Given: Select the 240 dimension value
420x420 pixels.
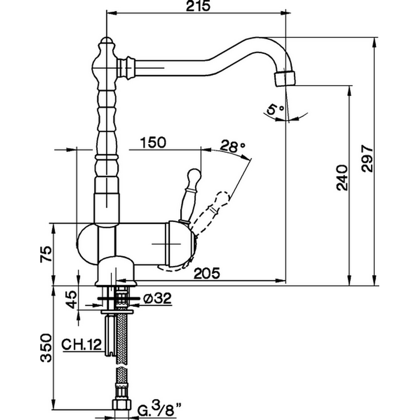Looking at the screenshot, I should tap(342, 177).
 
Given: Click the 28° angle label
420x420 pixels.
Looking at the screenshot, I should tap(233, 147).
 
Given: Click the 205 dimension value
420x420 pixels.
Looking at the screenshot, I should tap(207, 274).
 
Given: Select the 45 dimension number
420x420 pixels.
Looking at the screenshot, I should tap(72, 299).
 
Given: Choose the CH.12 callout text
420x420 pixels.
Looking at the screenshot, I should tap(81, 345).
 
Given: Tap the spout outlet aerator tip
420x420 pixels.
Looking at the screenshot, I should tap(285, 78).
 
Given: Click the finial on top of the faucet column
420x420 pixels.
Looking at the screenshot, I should tap(107, 42).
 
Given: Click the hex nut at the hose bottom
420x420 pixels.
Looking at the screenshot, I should tap(122, 405).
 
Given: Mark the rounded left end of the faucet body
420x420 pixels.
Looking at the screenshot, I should tap(84, 244).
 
